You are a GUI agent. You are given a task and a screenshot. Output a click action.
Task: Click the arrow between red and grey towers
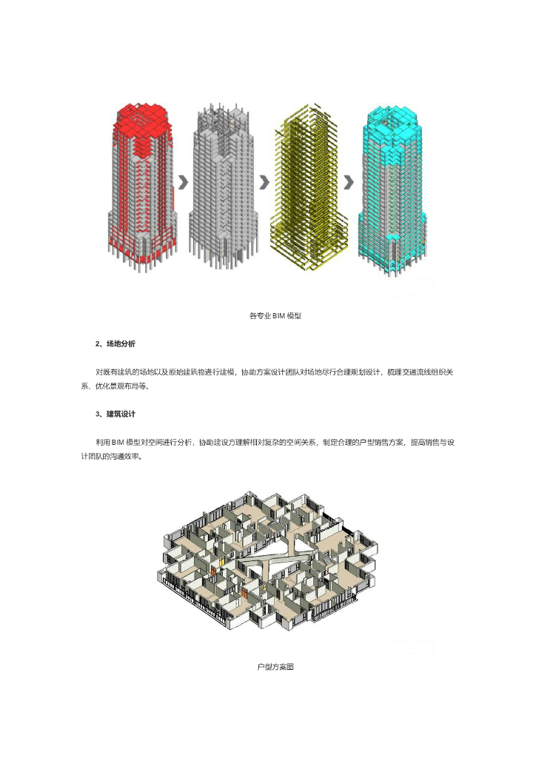(x=182, y=181)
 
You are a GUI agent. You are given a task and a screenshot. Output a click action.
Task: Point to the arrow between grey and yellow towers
(x=264, y=181)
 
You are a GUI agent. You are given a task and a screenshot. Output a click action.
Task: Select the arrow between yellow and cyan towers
(x=348, y=181)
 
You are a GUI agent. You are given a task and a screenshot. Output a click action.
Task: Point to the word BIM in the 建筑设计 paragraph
(x=120, y=442)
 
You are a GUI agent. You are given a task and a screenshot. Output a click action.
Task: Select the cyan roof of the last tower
(x=391, y=117)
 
